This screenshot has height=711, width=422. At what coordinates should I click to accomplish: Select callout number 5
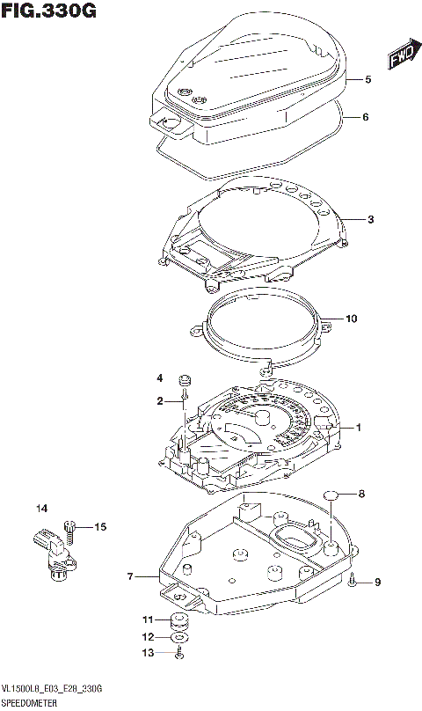369,80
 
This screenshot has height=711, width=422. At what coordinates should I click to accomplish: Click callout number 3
371,219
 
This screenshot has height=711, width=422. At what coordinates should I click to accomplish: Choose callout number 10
352,319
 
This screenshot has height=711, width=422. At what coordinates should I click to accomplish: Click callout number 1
359,428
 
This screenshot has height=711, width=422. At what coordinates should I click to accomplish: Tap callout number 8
360,495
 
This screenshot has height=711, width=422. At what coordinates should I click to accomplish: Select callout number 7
129,577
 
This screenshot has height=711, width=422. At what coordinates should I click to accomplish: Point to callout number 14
41,509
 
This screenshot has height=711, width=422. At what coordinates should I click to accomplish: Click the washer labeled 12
180,636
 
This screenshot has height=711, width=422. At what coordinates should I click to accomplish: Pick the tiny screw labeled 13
179,652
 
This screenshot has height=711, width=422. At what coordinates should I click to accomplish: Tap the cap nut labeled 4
186,380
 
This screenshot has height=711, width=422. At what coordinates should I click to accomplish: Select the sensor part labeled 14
53,552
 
